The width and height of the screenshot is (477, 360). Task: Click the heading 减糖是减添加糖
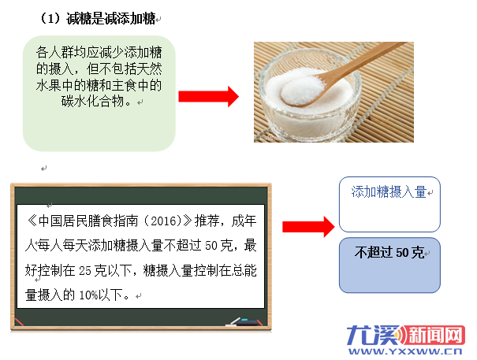[111, 19]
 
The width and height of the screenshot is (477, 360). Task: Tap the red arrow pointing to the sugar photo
[208, 96]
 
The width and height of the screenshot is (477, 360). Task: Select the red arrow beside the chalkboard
[308, 227]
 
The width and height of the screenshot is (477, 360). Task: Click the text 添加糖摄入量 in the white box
[389, 192]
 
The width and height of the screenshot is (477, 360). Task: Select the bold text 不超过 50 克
[389, 252]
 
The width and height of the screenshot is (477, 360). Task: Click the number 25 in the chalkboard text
[85, 271]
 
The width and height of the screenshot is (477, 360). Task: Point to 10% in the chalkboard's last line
[88, 295]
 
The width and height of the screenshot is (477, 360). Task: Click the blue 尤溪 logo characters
[374, 336]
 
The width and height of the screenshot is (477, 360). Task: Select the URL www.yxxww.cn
[405, 351]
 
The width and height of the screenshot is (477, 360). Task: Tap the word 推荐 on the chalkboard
[207, 221]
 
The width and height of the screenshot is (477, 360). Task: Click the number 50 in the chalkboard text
[211, 246]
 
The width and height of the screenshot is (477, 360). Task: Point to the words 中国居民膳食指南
[88, 221]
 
